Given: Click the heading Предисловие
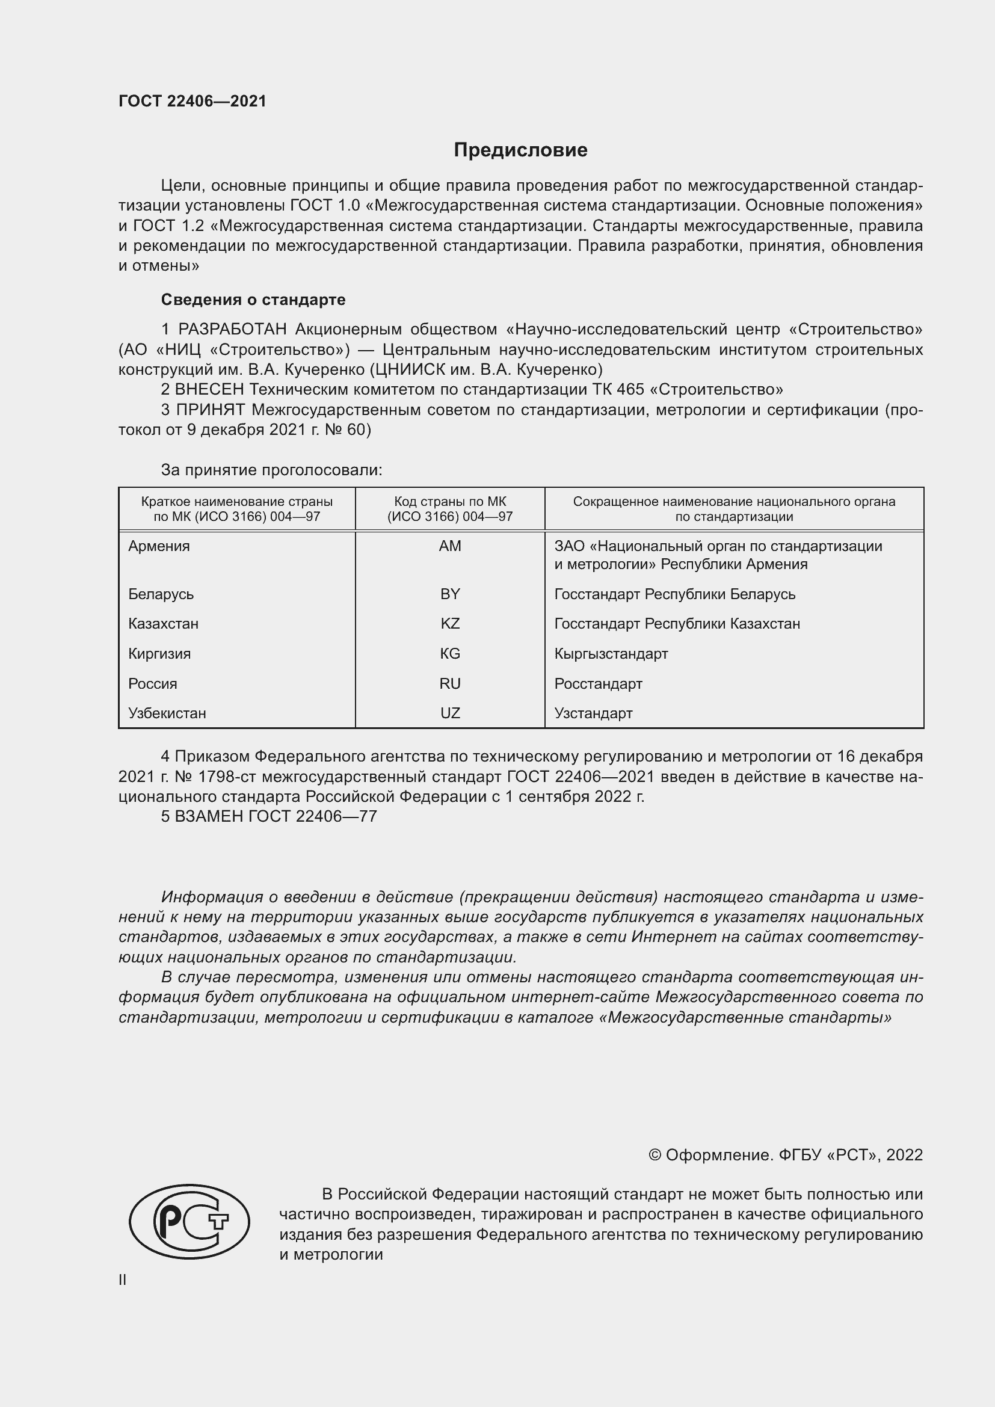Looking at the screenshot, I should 520,150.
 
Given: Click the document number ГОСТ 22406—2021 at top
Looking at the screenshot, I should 193,101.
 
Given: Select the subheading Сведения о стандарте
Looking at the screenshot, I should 253,300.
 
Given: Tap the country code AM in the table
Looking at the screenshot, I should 450,546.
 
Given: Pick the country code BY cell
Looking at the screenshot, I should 450,594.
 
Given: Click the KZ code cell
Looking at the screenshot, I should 450,624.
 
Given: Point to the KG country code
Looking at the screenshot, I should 450,654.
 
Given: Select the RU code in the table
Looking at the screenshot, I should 450,684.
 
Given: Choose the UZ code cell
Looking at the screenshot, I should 450,713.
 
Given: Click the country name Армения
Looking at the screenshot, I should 159,546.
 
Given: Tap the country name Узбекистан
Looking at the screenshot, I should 167,713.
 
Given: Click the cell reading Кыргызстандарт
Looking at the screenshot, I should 611,654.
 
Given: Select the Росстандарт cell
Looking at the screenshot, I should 598,684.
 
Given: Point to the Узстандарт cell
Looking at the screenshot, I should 593,713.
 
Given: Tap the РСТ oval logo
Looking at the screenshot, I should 189,1221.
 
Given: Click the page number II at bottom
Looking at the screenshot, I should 123,1279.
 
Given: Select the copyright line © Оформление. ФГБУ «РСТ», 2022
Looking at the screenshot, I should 786,1155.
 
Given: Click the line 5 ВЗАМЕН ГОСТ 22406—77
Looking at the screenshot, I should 269,816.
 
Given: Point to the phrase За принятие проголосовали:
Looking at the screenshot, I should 271,470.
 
